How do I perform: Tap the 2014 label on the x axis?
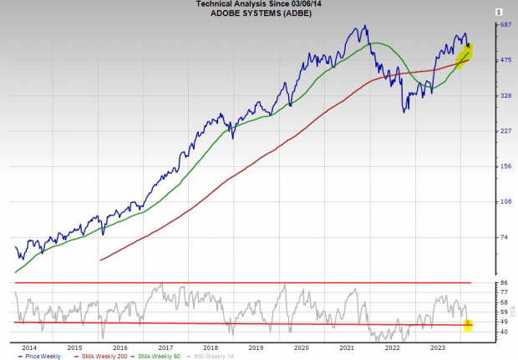click(29, 346)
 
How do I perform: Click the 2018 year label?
click(211, 346)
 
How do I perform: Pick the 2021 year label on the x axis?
click(347, 346)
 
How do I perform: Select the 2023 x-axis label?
click(437, 346)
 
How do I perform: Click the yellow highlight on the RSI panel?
click(468, 324)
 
